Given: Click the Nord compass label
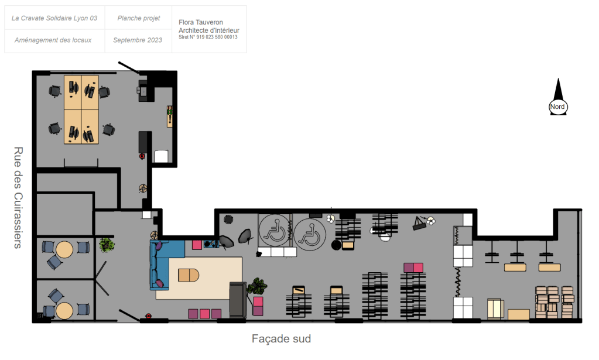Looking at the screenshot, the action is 557,107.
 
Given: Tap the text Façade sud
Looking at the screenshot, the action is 281,339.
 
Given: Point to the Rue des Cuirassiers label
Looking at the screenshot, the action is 18,198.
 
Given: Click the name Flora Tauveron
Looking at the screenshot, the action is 201,22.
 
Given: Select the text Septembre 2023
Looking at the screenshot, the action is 138,40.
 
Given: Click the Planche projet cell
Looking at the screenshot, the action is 138,18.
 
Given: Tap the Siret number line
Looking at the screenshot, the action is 208,37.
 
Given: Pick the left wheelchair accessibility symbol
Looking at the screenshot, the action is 274,230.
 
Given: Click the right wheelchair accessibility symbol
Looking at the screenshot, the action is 310,234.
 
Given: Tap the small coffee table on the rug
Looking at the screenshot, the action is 189,275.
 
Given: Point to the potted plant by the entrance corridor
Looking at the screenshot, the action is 107,245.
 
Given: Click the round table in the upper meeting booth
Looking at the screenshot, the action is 64,250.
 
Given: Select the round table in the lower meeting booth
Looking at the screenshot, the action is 64,311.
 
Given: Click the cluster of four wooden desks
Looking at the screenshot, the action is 81,109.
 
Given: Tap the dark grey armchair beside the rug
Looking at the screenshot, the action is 238,300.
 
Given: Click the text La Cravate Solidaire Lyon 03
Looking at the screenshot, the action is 54,18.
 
